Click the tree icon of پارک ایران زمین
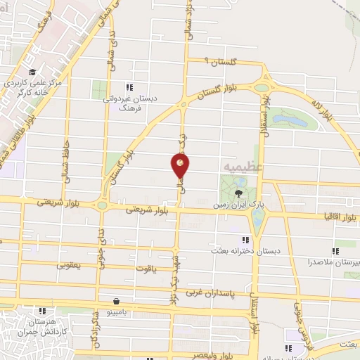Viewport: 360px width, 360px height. click(x=238, y=193)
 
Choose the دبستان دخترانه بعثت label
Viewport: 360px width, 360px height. click(x=245, y=250)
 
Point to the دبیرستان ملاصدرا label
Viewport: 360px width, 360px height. click(x=334, y=262)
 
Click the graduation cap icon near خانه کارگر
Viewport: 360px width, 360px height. click(x=32, y=72)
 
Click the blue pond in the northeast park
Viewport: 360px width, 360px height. click(x=295, y=120)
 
